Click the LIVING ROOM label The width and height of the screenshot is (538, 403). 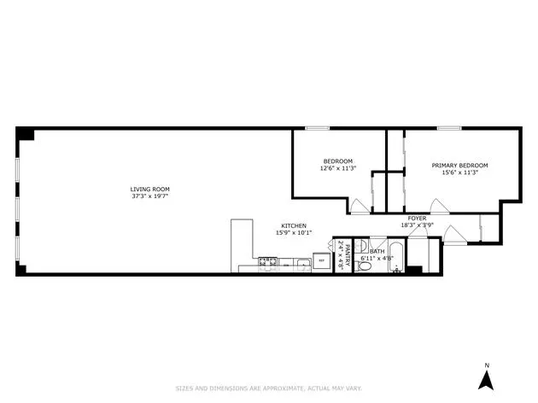click(150, 189)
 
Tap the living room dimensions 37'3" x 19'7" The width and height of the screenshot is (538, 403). click(150, 196)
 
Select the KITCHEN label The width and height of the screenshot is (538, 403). click(293, 225)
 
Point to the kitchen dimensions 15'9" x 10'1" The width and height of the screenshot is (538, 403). click(293, 232)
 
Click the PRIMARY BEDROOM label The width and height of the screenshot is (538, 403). click(459, 165)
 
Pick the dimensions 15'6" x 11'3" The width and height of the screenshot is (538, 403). click(459, 172)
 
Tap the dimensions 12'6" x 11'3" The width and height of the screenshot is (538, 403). click(337, 168)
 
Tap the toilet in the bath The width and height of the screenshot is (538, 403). click(365, 266)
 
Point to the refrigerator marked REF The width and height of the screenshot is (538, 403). click(321, 260)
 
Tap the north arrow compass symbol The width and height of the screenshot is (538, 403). click(486, 377)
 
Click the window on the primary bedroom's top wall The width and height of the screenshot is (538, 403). click(449, 128)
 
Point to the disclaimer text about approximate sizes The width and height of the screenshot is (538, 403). click(268, 388)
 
